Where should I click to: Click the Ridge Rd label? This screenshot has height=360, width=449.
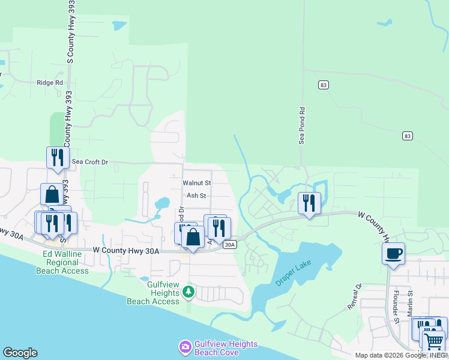point(50,83)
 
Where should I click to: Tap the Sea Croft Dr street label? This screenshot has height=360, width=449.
point(90,162)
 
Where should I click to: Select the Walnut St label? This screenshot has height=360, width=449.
point(197,182)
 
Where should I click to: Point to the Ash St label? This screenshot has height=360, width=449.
point(196,196)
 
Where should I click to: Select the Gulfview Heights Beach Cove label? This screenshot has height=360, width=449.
point(226,348)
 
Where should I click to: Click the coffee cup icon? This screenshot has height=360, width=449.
point(393,253)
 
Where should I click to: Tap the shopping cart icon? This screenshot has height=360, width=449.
point(433,341)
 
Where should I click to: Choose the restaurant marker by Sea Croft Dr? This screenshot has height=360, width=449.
point(58,158)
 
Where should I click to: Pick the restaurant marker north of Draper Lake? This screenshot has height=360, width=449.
point(309,203)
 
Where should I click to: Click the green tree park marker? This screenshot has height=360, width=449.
point(188,292)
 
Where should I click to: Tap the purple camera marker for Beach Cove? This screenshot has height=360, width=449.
point(185,347)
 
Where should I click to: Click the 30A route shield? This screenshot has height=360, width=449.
point(229,245)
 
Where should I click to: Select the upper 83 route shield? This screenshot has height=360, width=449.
point(324,85)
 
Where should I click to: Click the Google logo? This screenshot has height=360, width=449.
point(20,353)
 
